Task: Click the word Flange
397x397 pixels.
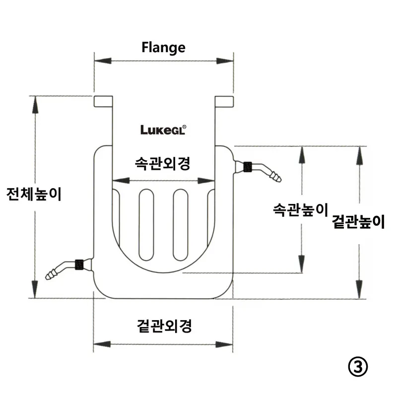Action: coord(163,48)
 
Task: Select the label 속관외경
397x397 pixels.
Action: coord(162,164)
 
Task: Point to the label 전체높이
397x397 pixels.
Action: coord(34,194)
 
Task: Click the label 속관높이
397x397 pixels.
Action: coord(301,209)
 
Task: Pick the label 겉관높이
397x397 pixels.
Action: coord(358,222)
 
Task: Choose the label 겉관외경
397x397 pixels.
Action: coord(164,326)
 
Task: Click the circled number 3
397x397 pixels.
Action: coord(358,367)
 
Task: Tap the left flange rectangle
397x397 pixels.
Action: coord(103,101)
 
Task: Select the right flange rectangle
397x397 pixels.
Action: coord(224,101)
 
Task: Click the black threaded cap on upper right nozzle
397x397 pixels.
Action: coord(247,167)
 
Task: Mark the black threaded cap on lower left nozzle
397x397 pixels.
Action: coord(79,265)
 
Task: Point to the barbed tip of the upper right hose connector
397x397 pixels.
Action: coord(276,177)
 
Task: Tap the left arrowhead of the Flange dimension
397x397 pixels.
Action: coord(103,61)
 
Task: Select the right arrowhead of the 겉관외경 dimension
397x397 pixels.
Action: coord(224,344)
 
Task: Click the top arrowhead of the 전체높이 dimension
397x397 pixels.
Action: coord(35,105)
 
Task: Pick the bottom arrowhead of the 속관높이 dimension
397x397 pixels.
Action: coord(301,264)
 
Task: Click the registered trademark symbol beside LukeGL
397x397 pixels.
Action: coord(184,127)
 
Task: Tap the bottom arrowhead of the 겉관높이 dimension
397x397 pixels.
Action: coord(359,290)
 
